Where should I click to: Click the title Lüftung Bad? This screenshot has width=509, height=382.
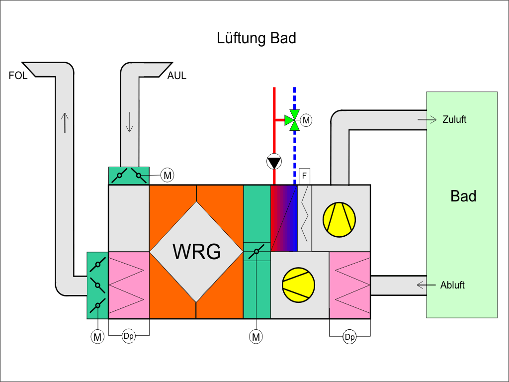[x=256, y=38]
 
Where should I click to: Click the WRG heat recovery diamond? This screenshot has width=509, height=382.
[x=197, y=251]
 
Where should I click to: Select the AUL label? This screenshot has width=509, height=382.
[x=177, y=76]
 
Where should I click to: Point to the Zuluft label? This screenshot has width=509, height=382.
[x=454, y=119]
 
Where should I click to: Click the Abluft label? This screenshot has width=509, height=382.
[x=452, y=285]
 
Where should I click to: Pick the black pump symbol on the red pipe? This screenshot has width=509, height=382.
[x=274, y=162]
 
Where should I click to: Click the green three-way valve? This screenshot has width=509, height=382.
[x=294, y=120]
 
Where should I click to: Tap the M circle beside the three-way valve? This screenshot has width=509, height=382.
[x=307, y=120]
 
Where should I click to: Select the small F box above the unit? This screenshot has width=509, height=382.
[x=304, y=175]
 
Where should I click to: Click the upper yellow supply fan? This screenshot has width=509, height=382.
[x=339, y=217]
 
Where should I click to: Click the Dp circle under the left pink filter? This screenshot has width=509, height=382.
[x=128, y=337]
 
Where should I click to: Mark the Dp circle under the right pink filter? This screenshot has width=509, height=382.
[x=350, y=337]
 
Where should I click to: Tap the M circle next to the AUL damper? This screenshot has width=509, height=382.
[x=168, y=175]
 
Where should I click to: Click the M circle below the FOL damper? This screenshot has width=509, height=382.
[x=97, y=337]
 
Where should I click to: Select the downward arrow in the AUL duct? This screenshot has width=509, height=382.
[x=130, y=122]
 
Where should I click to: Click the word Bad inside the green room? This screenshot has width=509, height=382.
[x=463, y=196]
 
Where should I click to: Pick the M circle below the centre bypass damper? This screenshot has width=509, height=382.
[x=256, y=337]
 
